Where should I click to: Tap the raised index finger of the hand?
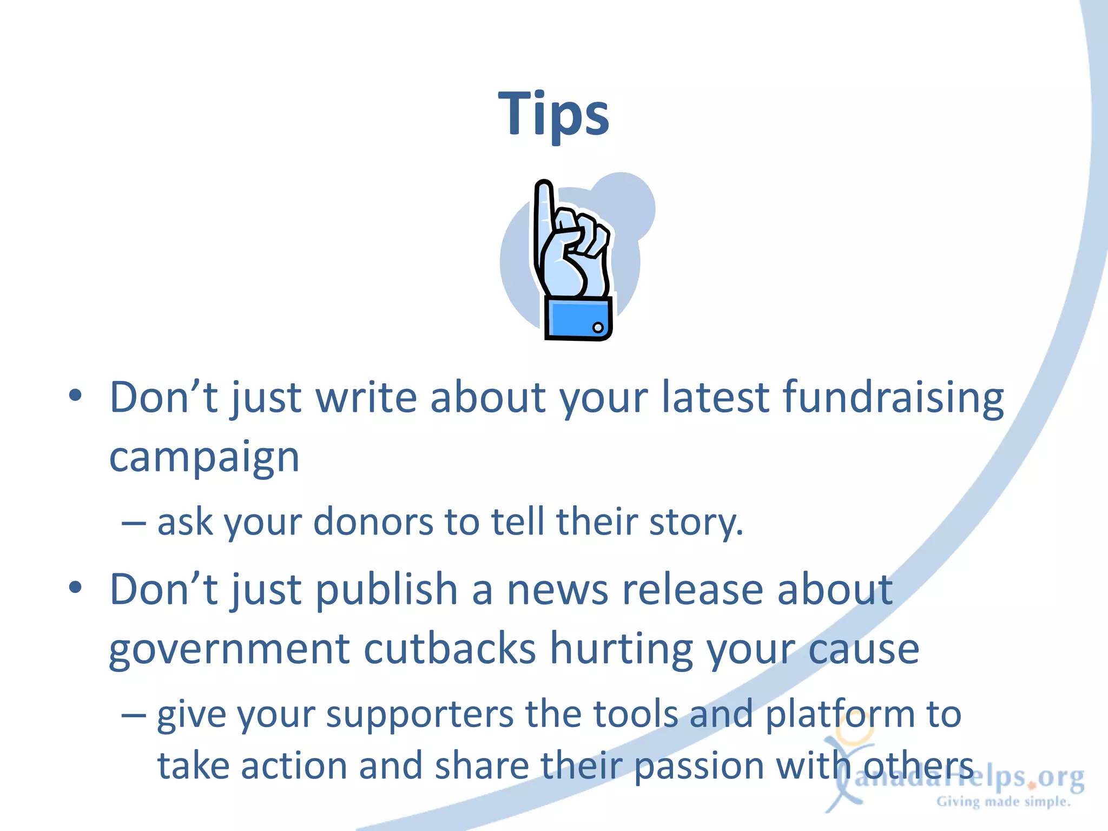pyautogui.click(x=544, y=216)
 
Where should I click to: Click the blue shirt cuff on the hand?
pyautogui.click(x=577, y=319)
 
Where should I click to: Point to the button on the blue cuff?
pyautogui.click(x=598, y=327)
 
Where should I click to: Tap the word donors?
pyautogui.click(x=373, y=523)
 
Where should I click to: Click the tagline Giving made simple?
pyautogui.click(x=1004, y=802)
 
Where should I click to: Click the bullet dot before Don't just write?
pyautogui.click(x=75, y=395)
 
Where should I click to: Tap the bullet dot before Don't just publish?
pyautogui.click(x=75, y=587)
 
